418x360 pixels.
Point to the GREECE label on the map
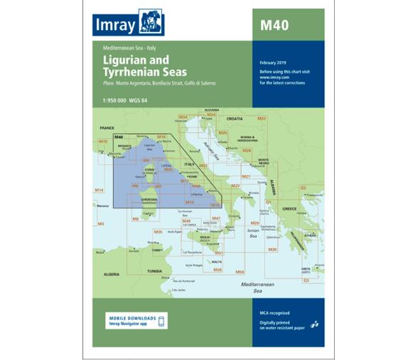(289, 208)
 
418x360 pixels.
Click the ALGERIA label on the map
(110, 273)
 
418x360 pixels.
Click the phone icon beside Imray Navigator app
(161, 321)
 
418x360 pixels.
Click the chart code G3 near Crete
(306, 280)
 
